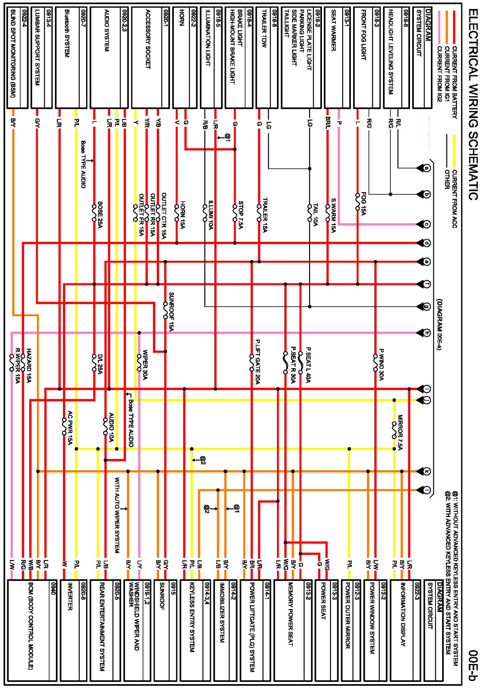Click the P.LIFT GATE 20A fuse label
[258, 362]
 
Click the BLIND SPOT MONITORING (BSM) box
[17, 58]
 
